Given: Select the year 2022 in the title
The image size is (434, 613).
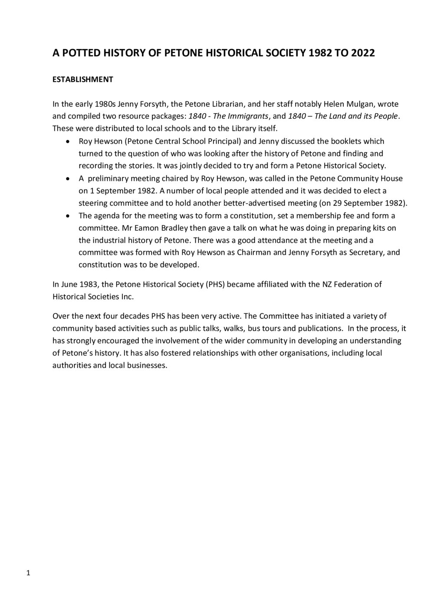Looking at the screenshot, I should click(x=363, y=53).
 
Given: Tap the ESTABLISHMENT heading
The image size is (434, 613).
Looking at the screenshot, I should click(x=83, y=79).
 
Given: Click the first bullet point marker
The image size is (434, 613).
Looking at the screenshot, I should click(x=68, y=141).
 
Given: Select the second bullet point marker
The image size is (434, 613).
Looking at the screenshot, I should click(x=68, y=179).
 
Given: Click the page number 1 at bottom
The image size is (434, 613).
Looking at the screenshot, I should click(x=28, y=573).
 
